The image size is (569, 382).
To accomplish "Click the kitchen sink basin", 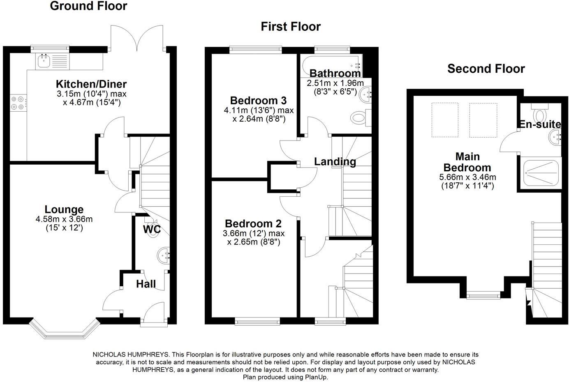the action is (44, 61).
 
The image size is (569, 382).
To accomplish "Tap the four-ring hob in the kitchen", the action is (18, 103).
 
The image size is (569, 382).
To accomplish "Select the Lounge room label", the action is (64, 209).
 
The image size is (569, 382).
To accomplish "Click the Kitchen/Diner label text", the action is (91, 84).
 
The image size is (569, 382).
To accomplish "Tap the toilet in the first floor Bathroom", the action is (361, 118).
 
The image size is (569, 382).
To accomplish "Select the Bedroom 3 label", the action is (258, 101).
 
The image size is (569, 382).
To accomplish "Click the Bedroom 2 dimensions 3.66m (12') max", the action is (254, 233).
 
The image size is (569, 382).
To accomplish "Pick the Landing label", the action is (335, 161).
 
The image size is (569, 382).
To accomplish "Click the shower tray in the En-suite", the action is (541, 173).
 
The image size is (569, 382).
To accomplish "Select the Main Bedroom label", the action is (467, 162).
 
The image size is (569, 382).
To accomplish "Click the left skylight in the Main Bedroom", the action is (445, 120).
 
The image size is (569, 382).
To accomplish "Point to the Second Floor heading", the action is (486, 69).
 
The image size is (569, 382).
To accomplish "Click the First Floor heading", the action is (291, 27).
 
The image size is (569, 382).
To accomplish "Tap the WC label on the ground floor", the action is (152, 229).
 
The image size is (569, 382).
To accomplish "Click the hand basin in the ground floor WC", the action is (163, 255).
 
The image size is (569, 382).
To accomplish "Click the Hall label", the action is (146, 284).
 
